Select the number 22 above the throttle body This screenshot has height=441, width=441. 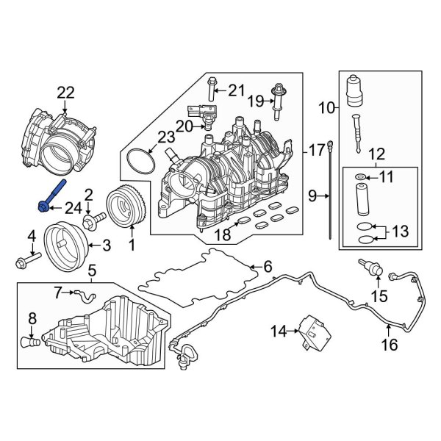(x=66, y=92)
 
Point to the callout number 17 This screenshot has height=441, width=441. (x=316, y=151)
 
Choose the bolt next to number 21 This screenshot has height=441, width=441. (x=212, y=90)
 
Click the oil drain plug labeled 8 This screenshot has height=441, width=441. (x=29, y=342)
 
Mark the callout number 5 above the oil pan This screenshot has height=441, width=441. (x=92, y=272)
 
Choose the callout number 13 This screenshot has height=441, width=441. (x=399, y=232)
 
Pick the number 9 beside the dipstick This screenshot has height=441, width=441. (x=313, y=196)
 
